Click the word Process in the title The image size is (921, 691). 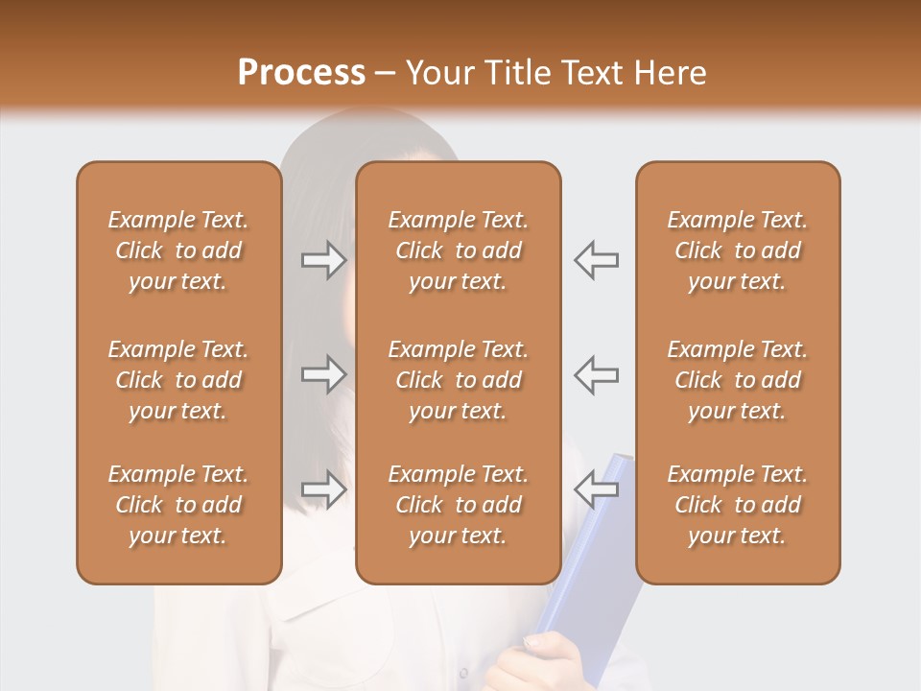click(301, 72)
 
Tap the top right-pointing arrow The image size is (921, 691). click(323, 260)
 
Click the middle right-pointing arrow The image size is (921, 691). click(323, 374)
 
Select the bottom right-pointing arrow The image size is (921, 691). click(323, 489)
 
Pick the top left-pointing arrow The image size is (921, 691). click(596, 260)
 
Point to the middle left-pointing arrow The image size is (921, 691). click(596, 374)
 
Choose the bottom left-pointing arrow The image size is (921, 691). click(596, 489)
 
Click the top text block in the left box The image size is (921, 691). click(178, 250)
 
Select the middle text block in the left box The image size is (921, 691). click(178, 380)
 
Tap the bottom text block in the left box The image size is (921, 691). click(178, 505)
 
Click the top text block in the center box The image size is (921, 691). click(458, 250)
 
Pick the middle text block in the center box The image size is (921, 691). click(458, 380)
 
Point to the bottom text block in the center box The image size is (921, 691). click(458, 505)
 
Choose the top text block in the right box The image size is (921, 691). click(737, 250)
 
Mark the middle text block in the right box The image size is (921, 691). click(737, 380)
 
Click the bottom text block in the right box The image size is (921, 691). click(737, 505)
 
